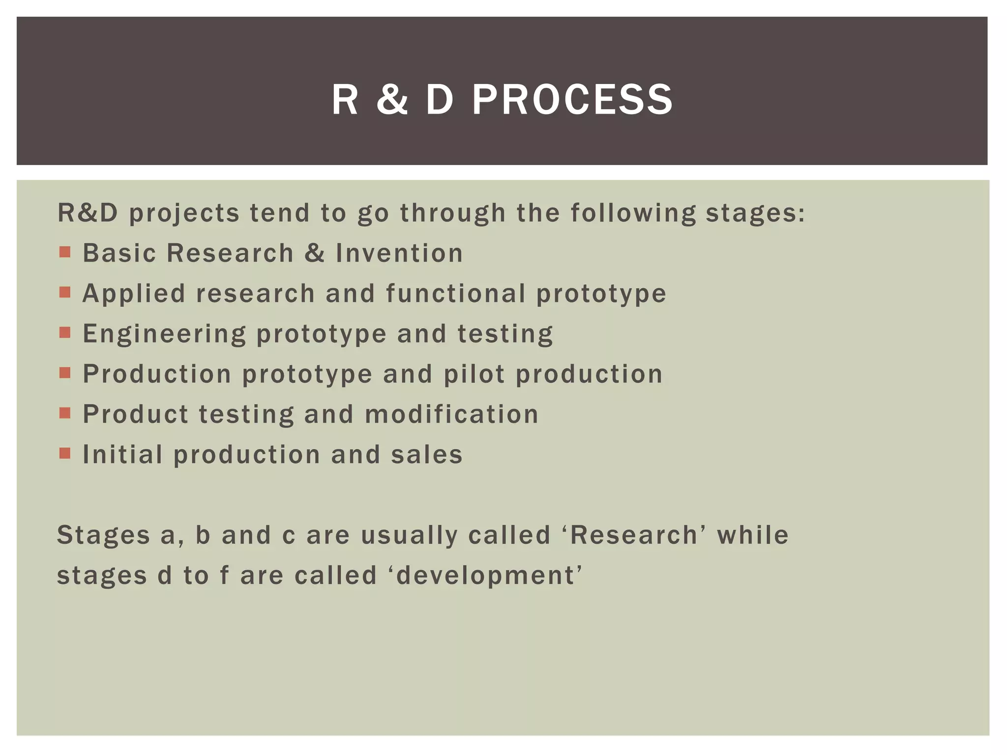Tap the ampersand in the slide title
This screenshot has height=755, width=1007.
pyautogui.click(x=392, y=100)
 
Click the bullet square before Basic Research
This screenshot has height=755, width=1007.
pyautogui.click(x=65, y=253)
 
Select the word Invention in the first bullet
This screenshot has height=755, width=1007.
pyautogui.click(x=399, y=253)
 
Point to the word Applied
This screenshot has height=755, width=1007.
pyautogui.click(x=134, y=293)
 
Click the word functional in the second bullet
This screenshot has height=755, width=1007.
pyautogui.click(x=456, y=293)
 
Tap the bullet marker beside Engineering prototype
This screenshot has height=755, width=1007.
pyautogui.click(x=65, y=333)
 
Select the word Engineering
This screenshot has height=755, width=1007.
pyautogui.click(x=164, y=335)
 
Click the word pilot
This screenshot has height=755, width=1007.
pyautogui.click(x=474, y=374)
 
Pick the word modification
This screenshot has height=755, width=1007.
pyautogui.click(x=451, y=414)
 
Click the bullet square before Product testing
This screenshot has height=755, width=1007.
pyautogui.click(x=65, y=413)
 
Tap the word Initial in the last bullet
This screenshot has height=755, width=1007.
pyautogui.click(x=122, y=455)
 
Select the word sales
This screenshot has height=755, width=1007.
pyautogui.click(x=427, y=455)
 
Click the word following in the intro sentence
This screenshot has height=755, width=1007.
pyautogui.click(x=633, y=214)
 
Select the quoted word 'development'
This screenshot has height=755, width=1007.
pyautogui.click(x=489, y=576)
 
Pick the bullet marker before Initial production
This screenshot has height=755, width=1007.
pyautogui.click(x=65, y=453)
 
